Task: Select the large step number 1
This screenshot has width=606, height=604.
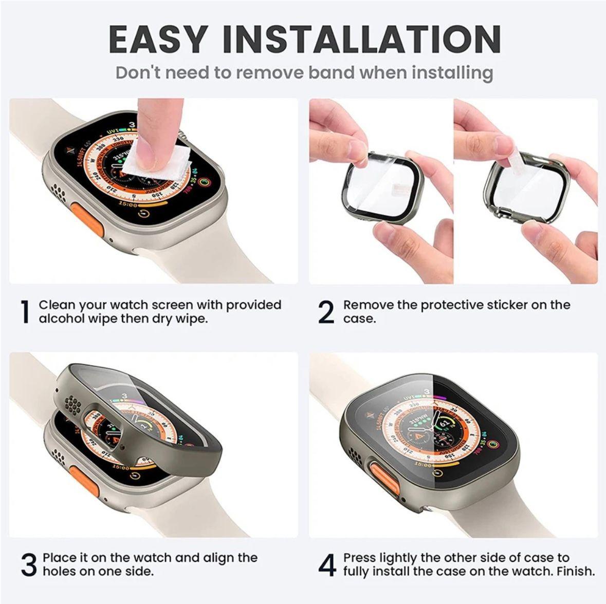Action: pyautogui.click(x=24, y=312)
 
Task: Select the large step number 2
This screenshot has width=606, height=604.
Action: pyautogui.click(x=326, y=312)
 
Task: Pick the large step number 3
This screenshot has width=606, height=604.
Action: pyautogui.click(x=29, y=564)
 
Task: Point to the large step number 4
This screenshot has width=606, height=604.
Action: pyautogui.click(x=327, y=564)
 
